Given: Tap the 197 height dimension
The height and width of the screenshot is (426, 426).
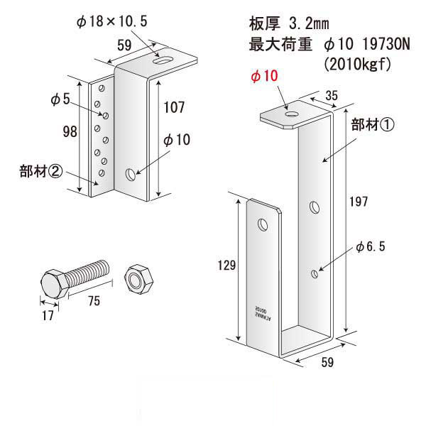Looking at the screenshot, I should coord(359,202).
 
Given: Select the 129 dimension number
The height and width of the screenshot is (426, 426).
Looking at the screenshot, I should coord(227,265).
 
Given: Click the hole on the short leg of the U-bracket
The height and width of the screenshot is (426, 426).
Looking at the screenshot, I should coord(263,225).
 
